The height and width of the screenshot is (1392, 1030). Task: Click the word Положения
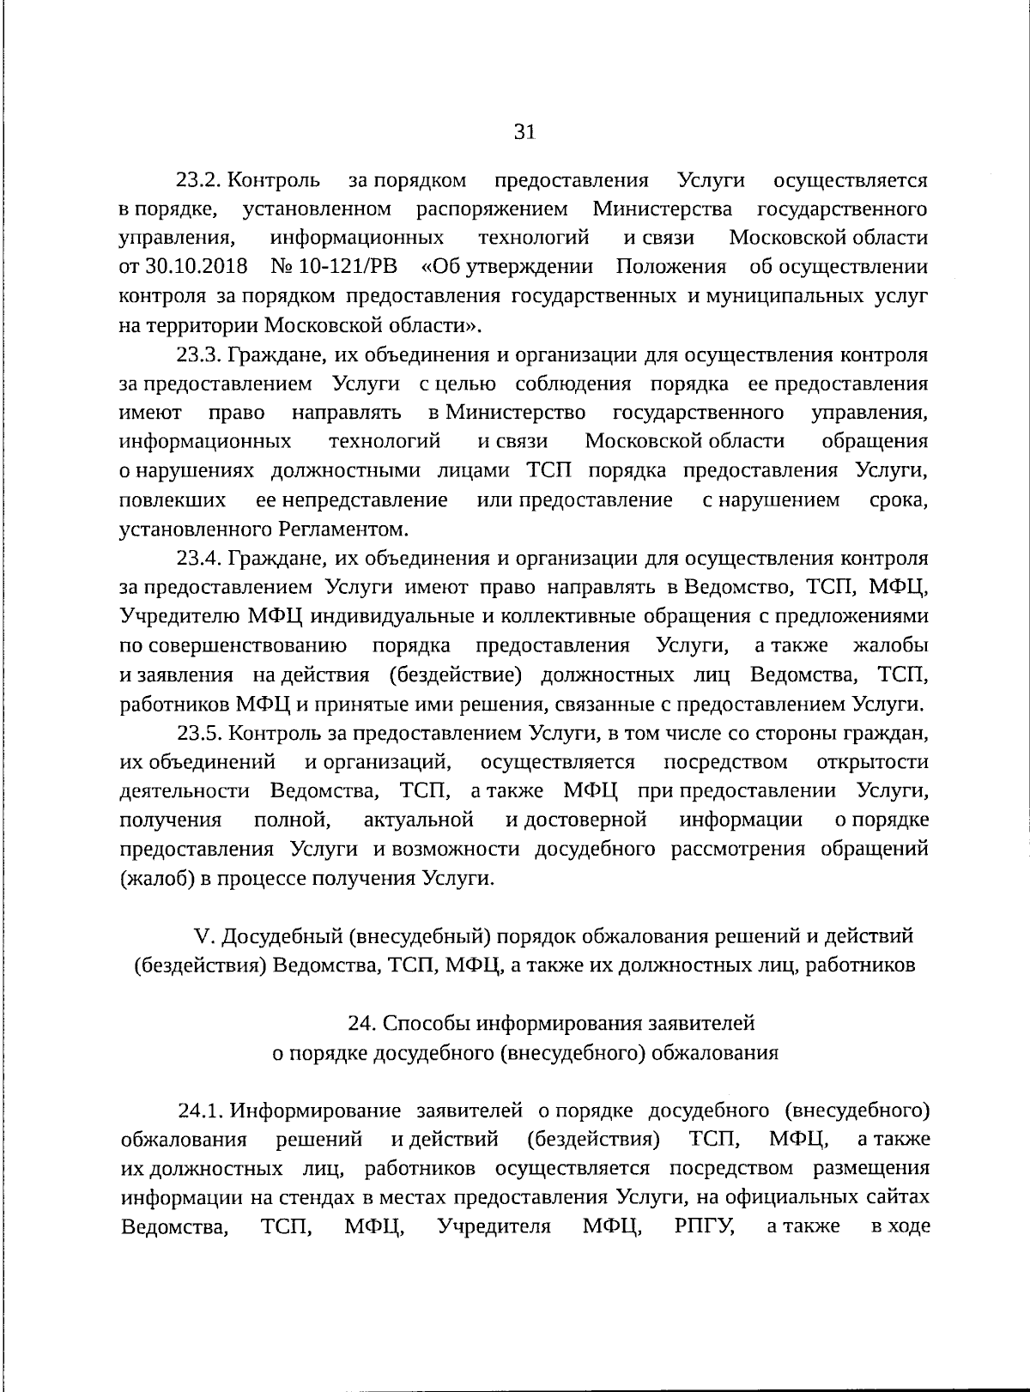(671, 267)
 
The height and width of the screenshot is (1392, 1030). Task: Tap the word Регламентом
(341, 529)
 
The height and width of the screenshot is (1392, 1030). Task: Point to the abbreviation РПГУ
(705, 1226)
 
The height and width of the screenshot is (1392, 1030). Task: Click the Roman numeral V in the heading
(192, 935)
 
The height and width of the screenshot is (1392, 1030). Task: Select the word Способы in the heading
(426, 1023)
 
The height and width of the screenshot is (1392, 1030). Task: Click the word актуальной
(419, 820)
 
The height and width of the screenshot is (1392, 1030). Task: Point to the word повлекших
(173, 499)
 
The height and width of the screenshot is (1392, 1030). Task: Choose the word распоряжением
(493, 209)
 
